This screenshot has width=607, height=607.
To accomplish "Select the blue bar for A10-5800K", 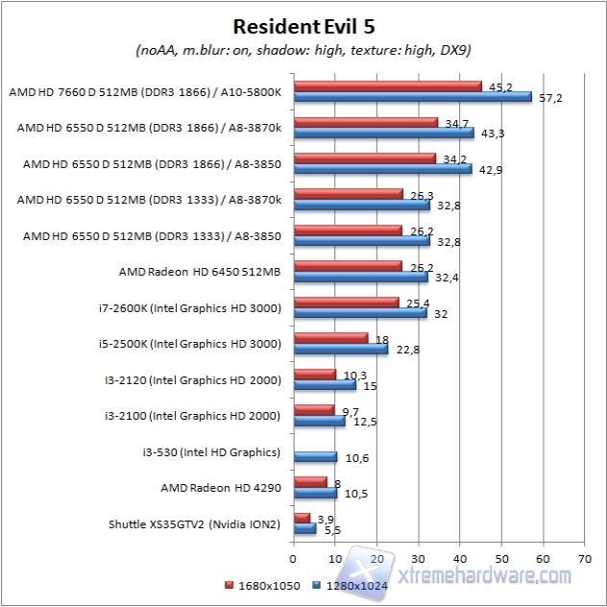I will [413, 97].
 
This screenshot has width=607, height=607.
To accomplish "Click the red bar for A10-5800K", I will [388, 85].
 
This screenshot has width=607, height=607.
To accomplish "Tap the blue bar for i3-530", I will [315, 457].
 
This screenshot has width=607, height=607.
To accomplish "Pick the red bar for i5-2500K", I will [330, 337].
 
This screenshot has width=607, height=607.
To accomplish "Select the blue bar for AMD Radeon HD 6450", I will [361, 277].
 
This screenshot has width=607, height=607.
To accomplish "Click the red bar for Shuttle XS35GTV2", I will [302, 518].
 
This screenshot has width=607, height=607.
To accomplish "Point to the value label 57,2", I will [551, 99].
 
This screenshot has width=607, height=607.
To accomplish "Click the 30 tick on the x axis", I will [419, 555].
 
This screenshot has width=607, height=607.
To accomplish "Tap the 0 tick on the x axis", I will [294, 555].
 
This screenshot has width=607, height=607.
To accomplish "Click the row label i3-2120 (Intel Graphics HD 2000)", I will [194, 380].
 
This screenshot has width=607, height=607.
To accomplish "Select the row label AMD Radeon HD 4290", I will [220, 488].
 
